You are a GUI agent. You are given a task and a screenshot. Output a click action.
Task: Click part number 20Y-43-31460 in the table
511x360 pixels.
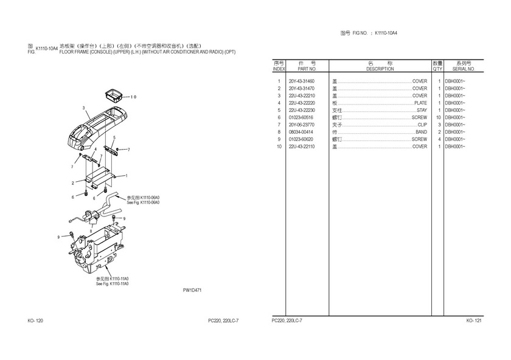click(302, 81)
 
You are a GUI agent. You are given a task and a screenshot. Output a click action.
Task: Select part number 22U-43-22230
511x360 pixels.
click(302, 110)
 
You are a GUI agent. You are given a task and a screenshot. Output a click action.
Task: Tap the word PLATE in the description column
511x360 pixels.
click(420, 103)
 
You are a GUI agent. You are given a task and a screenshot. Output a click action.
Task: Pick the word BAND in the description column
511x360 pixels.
click(421, 132)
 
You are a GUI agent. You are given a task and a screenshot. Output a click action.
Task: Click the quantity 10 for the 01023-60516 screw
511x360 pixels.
click(438, 117)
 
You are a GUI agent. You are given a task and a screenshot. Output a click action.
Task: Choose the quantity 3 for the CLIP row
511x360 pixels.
click(439, 125)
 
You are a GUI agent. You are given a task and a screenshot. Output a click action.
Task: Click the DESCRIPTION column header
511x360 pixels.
click(380, 69)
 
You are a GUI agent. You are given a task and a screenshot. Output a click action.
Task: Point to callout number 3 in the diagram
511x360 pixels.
click(83, 108)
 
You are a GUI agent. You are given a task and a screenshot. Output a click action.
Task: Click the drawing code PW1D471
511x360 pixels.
click(192, 290)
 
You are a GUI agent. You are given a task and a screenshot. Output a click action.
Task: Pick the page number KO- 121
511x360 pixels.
click(474, 320)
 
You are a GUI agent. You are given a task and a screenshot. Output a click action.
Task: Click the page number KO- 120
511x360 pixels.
click(35, 320)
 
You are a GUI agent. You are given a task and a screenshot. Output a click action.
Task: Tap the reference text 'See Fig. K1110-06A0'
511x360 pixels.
click(143, 202)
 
